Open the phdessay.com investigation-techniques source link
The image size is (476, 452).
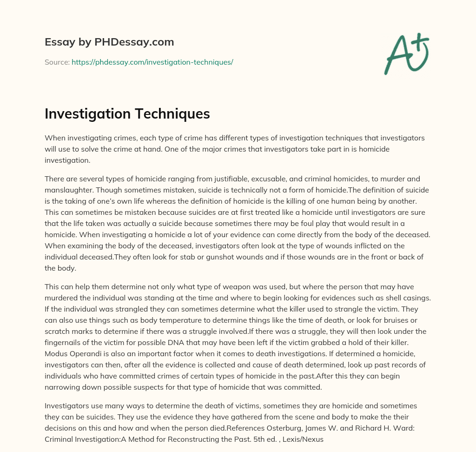tap(152, 62)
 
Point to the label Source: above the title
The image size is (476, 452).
tap(57, 62)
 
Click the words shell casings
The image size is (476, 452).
tap(406, 298)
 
